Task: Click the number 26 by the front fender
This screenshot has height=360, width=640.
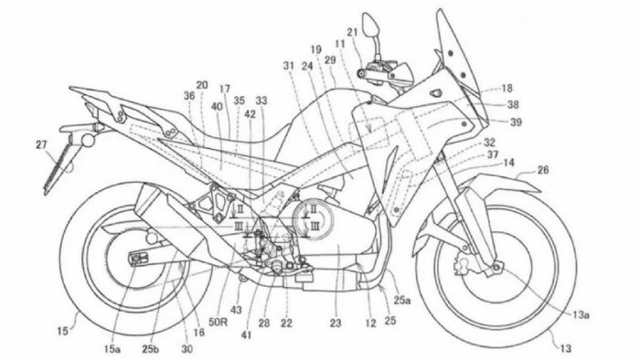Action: (x=543, y=170)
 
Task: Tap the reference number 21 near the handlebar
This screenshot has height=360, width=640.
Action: (x=352, y=33)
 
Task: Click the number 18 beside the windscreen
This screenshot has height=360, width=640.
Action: (x=507, y=89)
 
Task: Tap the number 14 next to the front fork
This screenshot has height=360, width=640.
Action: (x=509, y=163)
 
